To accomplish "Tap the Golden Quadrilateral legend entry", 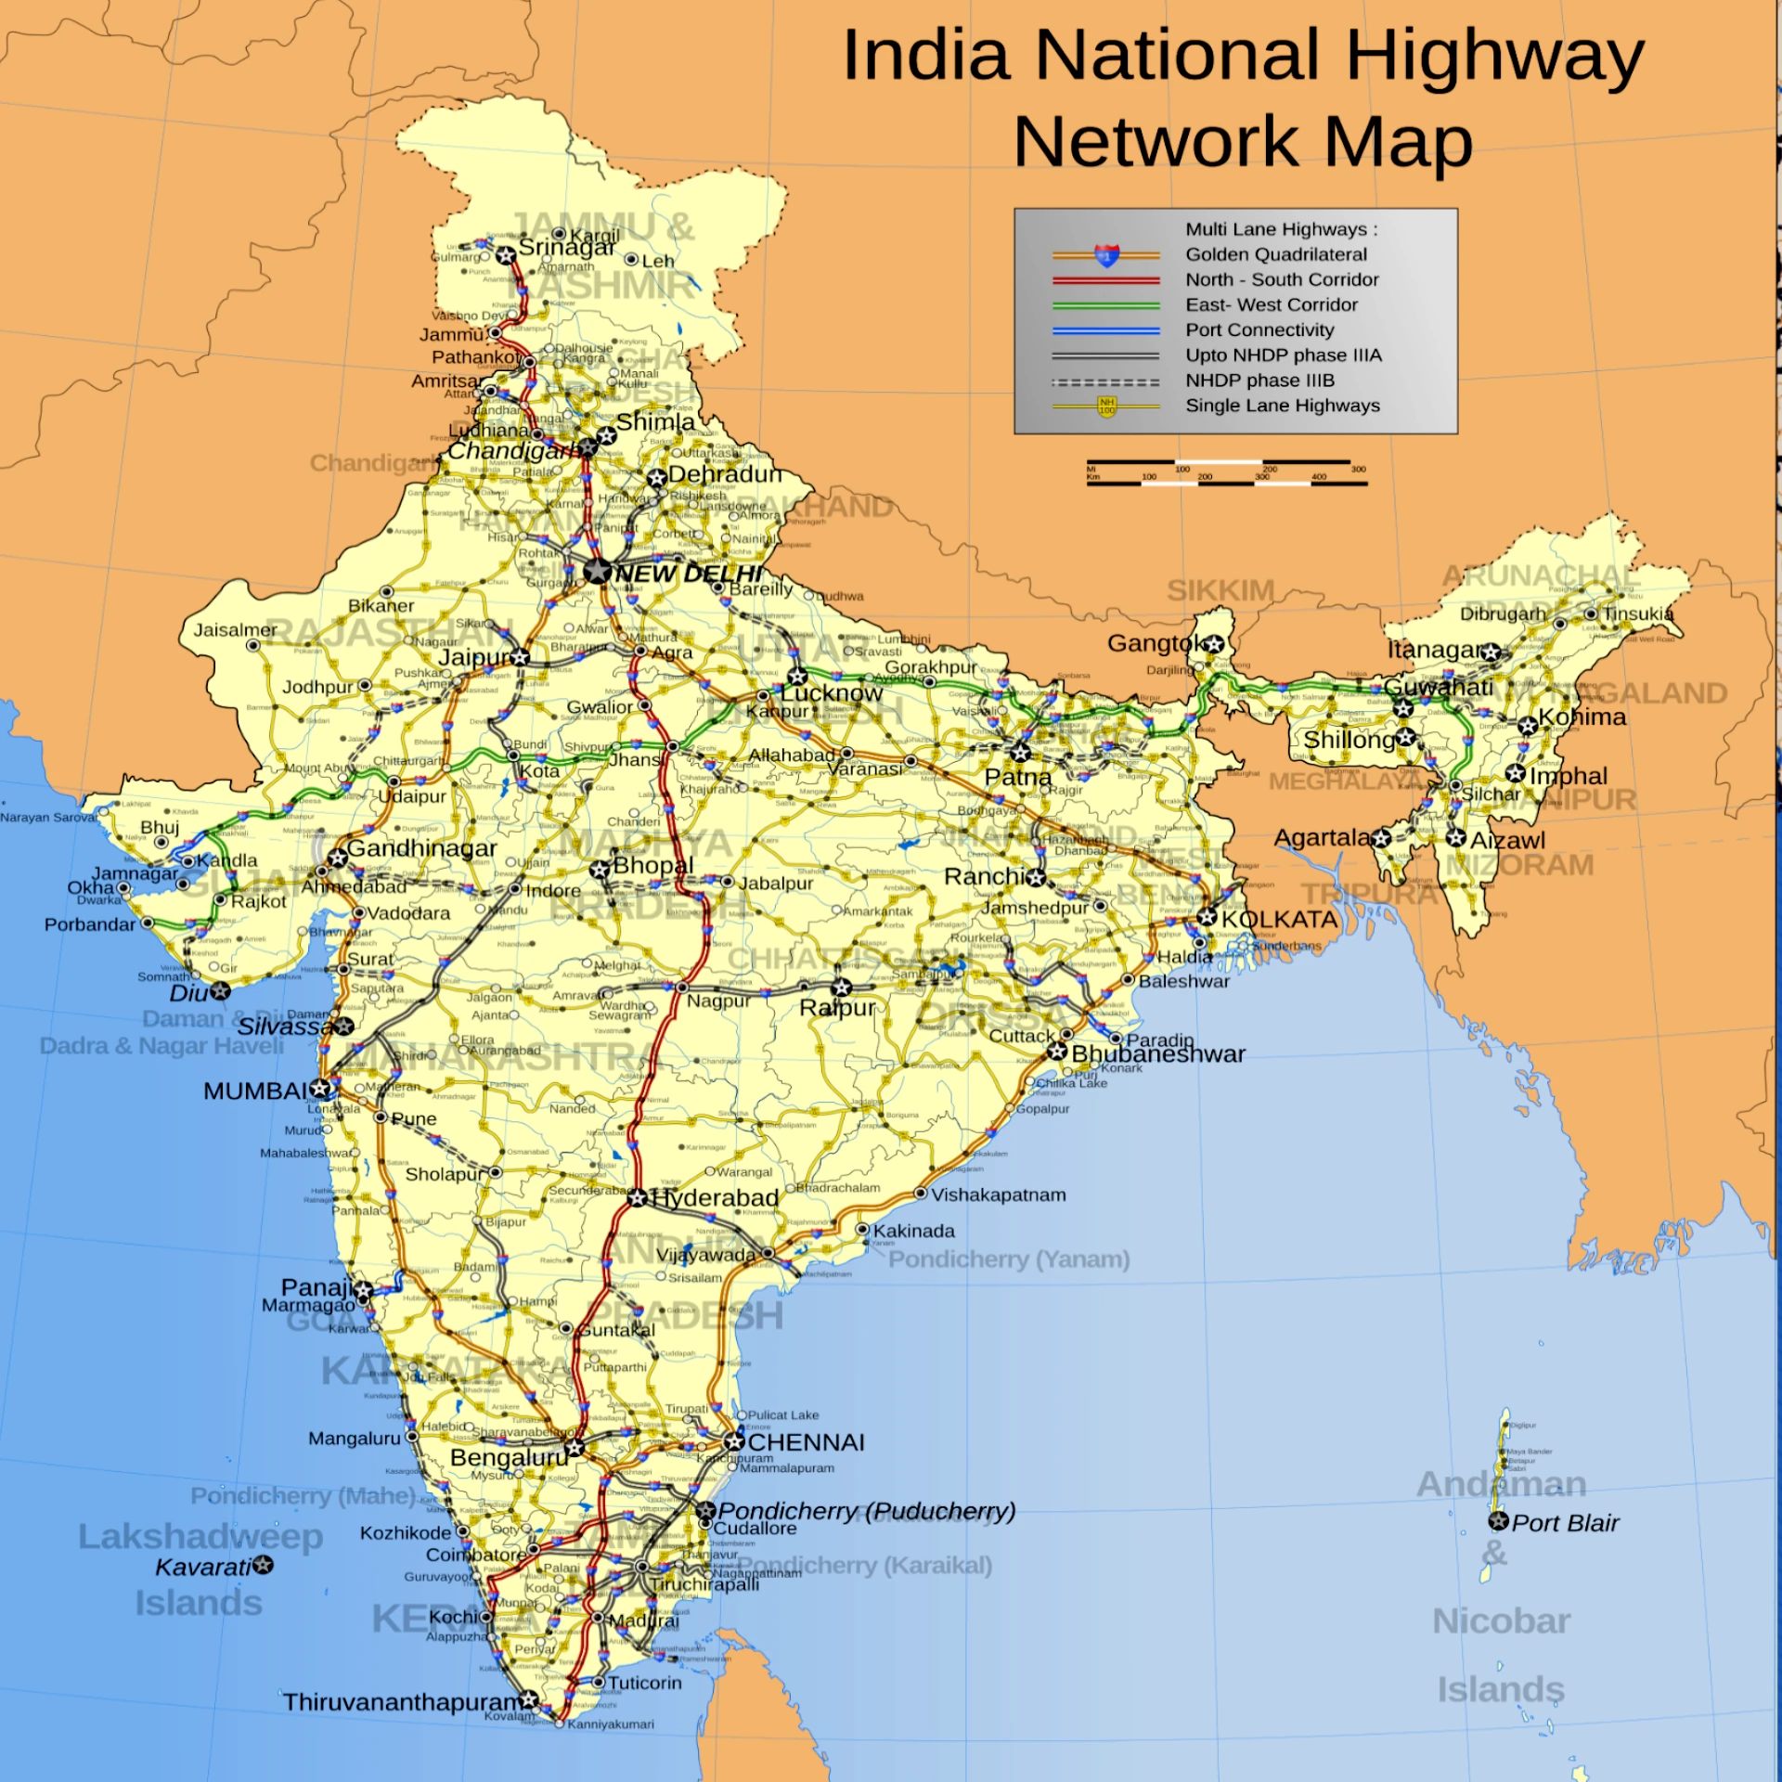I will [x=1275, y=254].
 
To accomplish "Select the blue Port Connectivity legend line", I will [x=1105, y=330].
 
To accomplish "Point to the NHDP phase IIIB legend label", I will [x=1259, y=381].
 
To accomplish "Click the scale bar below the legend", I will [x=1226, y=471].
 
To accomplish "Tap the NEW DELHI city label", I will [x=689, y=574].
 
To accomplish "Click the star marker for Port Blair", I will [x=1498, y=1521].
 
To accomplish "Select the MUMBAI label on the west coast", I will [x=255, y=1091].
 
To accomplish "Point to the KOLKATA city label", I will [x=1279, y=919].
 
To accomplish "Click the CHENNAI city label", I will [x=806, y=1442].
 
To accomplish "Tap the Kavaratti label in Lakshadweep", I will [x=203, y=1567].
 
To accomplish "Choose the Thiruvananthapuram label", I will [x=403, y=1701].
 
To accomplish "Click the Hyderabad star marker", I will [x=637, y=1198].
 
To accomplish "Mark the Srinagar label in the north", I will [x=566, y=248].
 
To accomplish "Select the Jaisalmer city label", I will [x=235, y=630].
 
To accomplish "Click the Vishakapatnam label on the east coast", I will [x=998, y=1194].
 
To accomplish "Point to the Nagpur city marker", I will [x=681, y=987].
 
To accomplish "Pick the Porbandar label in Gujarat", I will [x=90, y=924].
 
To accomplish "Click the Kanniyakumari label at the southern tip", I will [x=610, y=1724].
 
